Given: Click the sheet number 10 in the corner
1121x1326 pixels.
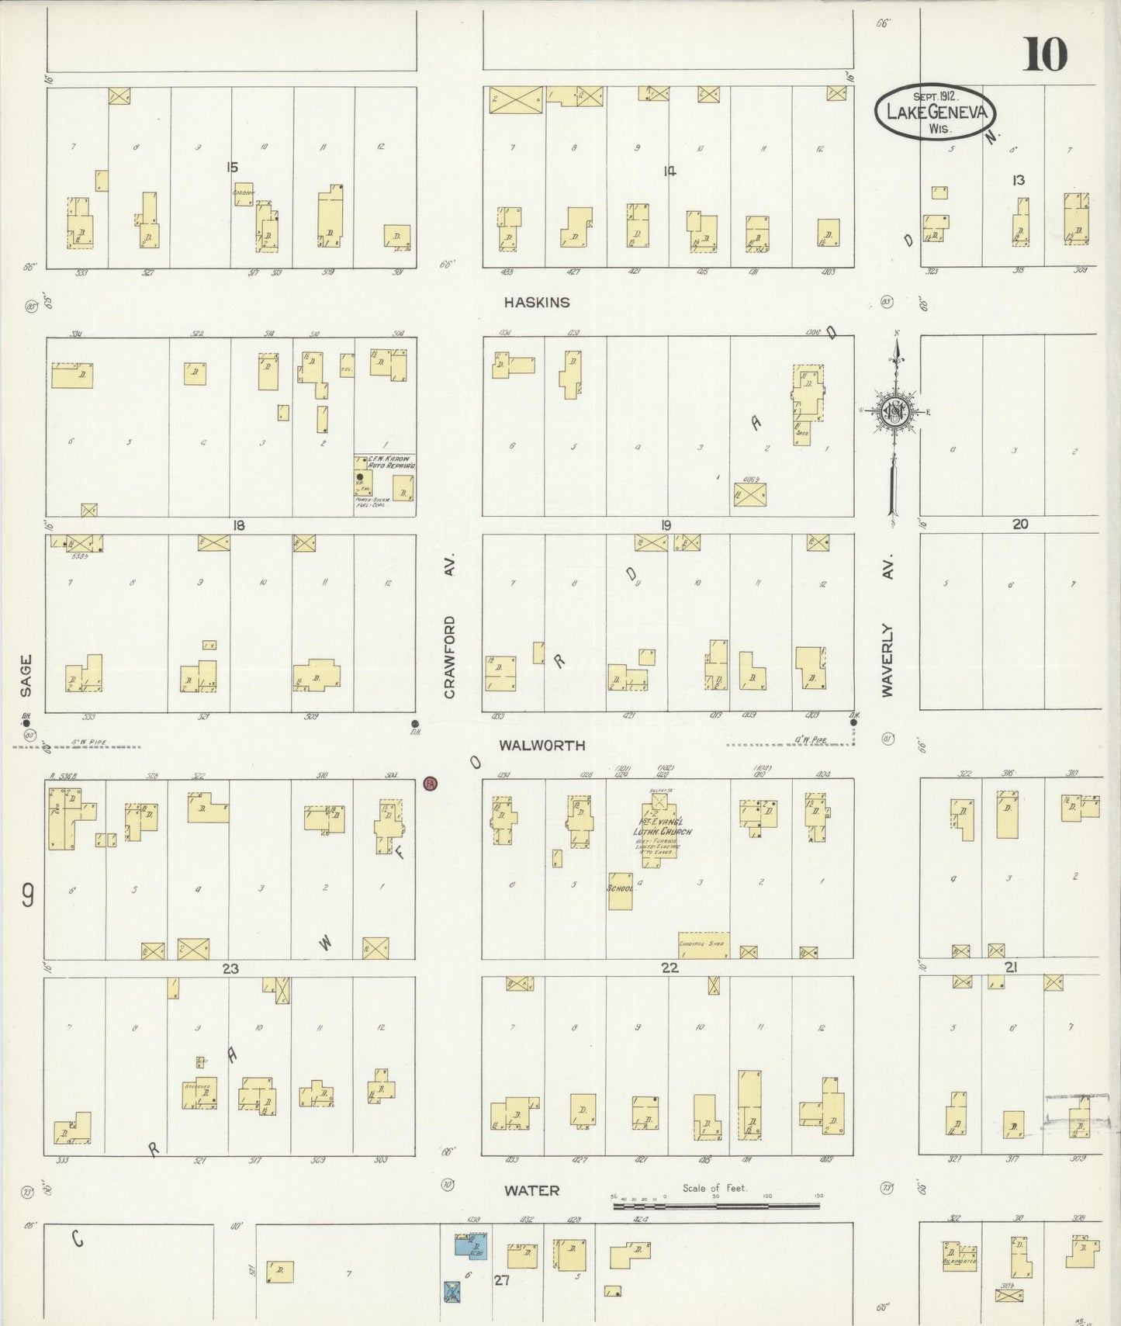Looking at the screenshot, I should click(x=1045, y=54).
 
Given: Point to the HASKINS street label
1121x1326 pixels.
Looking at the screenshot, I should click(x=536, y=303).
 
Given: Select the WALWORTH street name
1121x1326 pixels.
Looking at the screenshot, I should click(x=541, y=745).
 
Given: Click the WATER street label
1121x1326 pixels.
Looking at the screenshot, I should click(x=531, y=1190).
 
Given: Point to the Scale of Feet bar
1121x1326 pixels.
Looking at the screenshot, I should click(x=715, y=1207).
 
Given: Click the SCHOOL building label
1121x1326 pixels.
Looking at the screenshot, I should click(x=621, y=887).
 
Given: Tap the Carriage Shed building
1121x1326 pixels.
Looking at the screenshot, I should click(x=702, y=944).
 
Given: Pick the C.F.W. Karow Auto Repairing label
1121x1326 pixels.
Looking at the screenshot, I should click(x=385, y=462).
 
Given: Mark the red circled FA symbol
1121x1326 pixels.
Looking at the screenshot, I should click(x=430, y=784).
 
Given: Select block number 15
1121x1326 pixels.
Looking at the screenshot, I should click(x=231, y=167).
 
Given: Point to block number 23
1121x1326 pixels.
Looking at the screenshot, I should click(x=230, y=968).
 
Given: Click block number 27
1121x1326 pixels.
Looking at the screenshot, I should click(x=502, y=1280).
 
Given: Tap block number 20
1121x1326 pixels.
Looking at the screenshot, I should click(x=1020, y=525).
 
